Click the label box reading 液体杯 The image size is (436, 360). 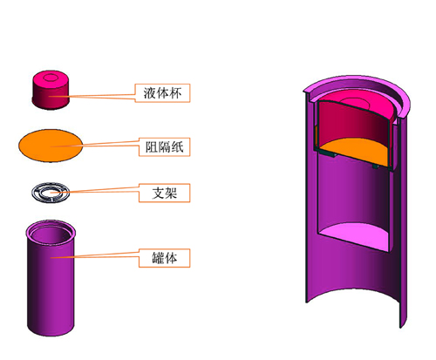162,93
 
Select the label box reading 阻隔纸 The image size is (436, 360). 165,147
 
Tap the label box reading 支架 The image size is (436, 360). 165,193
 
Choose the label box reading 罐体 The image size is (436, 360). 165,258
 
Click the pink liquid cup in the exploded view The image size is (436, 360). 51,90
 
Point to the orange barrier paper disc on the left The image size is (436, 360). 51,146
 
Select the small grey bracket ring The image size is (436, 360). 51,193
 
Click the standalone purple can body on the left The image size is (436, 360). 51,278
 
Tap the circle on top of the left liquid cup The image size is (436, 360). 51,78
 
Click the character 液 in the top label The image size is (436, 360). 150,93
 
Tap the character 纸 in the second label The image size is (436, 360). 177,147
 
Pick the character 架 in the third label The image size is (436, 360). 171,193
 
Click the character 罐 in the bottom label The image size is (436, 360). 158,258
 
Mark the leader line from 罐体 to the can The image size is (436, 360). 95,255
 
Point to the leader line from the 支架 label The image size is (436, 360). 95,190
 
